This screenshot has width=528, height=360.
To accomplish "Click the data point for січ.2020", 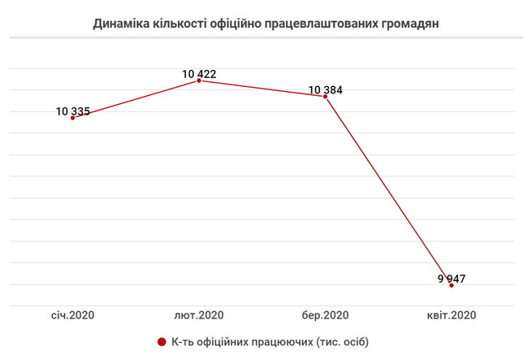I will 73,118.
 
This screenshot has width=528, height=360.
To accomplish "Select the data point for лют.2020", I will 199,80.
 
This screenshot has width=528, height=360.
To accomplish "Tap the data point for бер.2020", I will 326,96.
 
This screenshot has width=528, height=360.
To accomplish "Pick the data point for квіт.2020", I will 451,285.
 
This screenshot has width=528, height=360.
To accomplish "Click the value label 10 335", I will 73,111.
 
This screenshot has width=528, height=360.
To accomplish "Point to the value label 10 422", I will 199,74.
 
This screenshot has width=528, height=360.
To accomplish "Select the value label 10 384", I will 326,89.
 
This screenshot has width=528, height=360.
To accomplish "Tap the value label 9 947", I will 451,279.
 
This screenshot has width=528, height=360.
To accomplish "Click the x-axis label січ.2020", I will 73,315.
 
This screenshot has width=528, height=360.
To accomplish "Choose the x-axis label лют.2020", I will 199,315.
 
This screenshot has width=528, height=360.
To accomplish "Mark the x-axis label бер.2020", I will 325,315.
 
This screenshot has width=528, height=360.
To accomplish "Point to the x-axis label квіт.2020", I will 451,315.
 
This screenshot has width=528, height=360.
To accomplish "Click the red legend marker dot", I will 162,340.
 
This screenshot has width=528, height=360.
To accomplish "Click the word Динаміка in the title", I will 123,24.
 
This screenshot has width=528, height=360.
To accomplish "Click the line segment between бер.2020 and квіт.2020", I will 388,190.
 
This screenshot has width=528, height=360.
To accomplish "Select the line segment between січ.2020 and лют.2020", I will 136,99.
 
